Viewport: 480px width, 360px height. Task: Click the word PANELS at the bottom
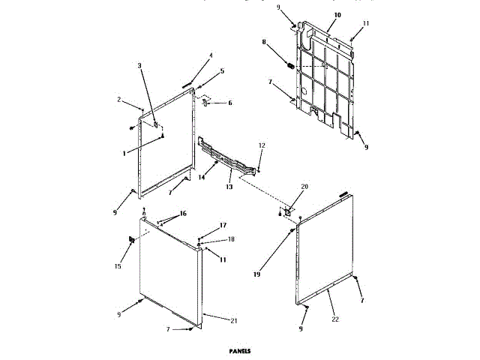[240, 350]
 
